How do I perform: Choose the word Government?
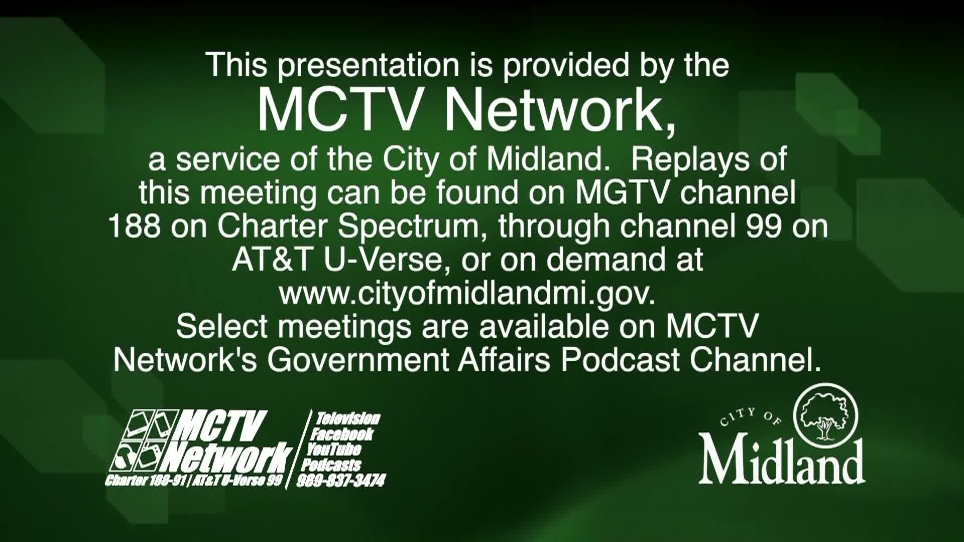pos(357,360)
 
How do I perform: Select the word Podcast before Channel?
pos(621,360)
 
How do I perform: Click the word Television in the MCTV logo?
pos(348,419)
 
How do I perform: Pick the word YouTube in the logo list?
pos(334,449)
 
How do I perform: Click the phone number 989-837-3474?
pos(341,481)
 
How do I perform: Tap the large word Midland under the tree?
pos(782,460)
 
